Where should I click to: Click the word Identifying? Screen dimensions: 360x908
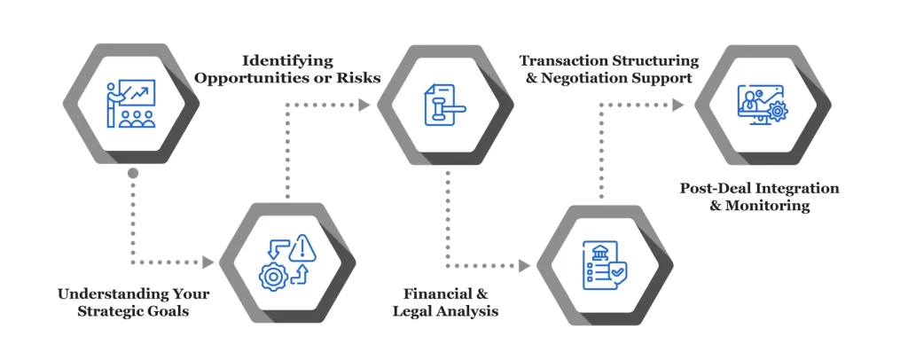pos(289,61)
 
